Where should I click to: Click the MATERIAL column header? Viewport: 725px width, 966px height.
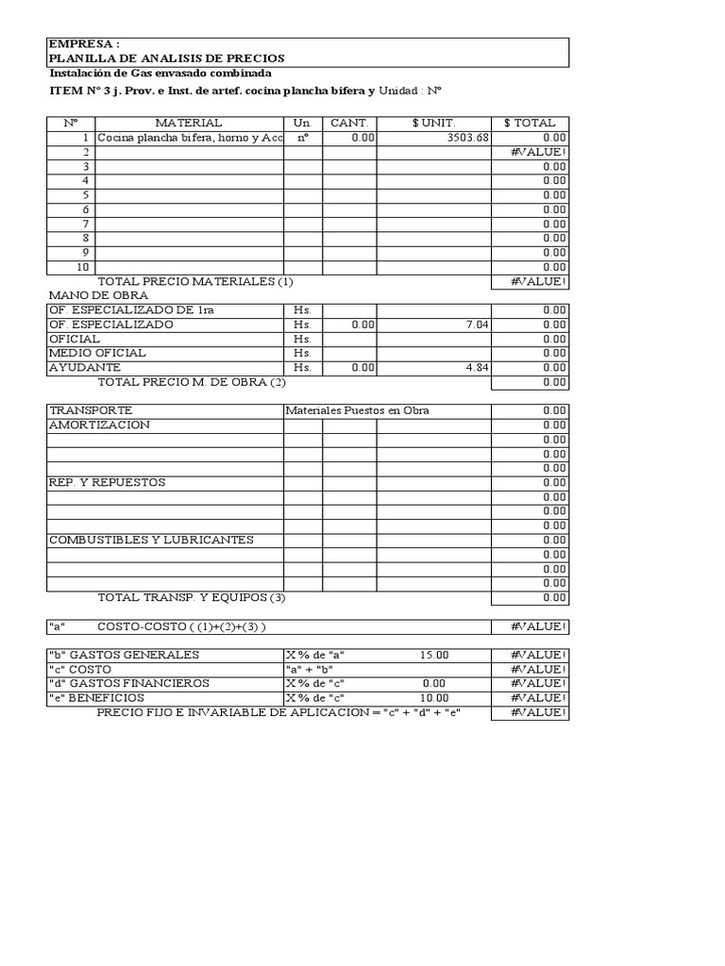click(189, 123)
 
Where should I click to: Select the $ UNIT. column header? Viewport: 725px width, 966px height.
click(433, 123)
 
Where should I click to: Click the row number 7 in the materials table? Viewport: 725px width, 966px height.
click(85, 224)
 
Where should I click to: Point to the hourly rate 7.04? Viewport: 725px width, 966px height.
click(477, 325)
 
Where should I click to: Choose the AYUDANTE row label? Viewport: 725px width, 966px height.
click(85, 368)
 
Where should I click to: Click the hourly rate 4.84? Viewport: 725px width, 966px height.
click(477, 368)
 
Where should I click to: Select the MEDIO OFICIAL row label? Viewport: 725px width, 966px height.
click(97, 353)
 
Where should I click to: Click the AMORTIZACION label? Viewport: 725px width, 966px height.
click(99, 425)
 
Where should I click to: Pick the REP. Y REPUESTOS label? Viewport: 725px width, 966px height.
click(107, 483)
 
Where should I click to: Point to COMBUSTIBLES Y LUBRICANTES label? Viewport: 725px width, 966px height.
click(151, 541)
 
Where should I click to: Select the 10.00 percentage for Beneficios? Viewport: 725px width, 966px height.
click(434, 698)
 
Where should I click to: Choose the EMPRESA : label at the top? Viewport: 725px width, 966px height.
click(84, 44)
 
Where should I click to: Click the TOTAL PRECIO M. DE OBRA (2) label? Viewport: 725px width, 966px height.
click(192, 382)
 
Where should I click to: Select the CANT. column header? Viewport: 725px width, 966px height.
click(348, 123)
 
